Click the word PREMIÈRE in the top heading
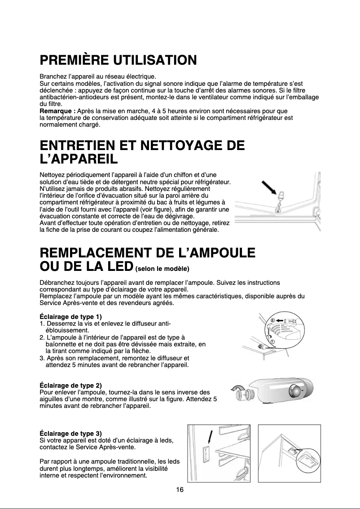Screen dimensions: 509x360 (74, 60)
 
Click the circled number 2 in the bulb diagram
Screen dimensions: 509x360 (272, 320)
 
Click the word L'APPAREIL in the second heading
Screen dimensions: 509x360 (79, 159)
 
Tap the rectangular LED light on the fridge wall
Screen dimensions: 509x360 (206, 454)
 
